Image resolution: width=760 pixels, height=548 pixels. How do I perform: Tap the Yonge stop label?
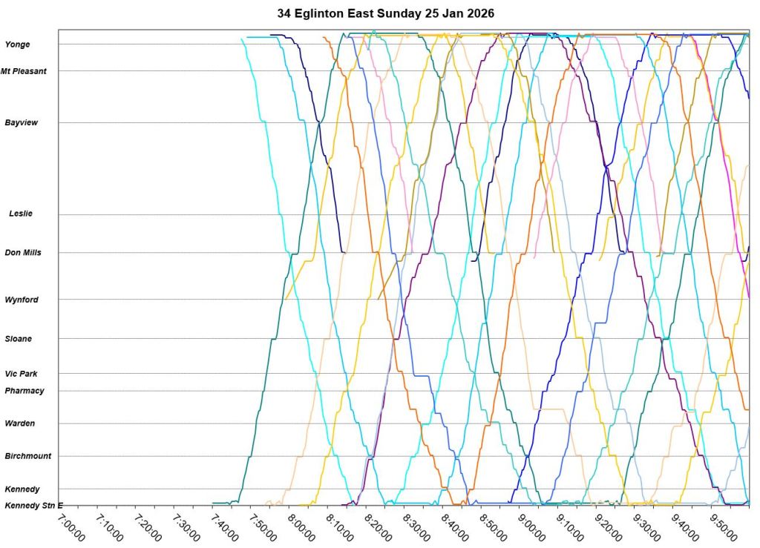pyautogui.click(x=18, y=44)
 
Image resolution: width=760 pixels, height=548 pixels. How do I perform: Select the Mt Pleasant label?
pyautogui.click(x=24, y=71)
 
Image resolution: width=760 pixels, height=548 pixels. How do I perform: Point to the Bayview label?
pyautogui.click(x=22, y=122)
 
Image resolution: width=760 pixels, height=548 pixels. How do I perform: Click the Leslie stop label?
pyautogui.click(x=21, y=214)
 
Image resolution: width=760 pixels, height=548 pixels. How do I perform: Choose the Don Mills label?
pyautogui.click(x=23, y=252)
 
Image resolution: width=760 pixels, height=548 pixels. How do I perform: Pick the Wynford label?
pyautogui.click(x=22, y=300)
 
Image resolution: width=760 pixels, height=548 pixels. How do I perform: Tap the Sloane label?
pyautogui.click(x=19, y=339)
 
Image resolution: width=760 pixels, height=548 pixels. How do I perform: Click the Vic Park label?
pyautogui.click(x=22, y=374)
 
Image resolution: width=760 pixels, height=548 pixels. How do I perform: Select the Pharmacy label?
pyautogui.click(x=24, y=391)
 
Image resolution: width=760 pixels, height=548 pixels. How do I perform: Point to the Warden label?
pyautogui.click(x=20, y=423)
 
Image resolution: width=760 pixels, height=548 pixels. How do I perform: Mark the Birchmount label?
pyautogui.click(x=28, y=456)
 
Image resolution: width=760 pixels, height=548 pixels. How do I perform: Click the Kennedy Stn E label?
pyautogui.click(x=34, y=506)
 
